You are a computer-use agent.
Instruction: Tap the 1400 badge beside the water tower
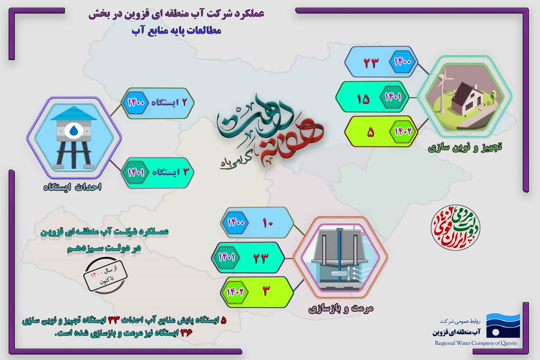point(135,103)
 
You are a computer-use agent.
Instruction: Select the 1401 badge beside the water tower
point(135,171)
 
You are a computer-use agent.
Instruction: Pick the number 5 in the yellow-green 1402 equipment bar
point(371,133)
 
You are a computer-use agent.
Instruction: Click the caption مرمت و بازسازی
point(341,309)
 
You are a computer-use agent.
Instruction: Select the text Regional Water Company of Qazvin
point(477,342)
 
